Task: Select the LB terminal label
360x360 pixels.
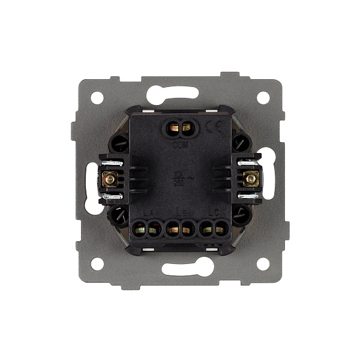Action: coord(179,212)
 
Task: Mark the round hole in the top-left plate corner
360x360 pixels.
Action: coord(97,97)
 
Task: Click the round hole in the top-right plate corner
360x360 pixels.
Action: coord(263,97)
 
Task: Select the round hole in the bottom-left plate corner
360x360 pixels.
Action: coord(97,263)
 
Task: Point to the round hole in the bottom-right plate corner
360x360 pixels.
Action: coord(263,263)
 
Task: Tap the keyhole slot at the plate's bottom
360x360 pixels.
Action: coord(180,268)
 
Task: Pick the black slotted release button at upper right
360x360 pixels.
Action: coord(240,143)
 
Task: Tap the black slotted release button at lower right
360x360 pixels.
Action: coord(240,213)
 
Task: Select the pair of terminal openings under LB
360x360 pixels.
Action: coord(179,228)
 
